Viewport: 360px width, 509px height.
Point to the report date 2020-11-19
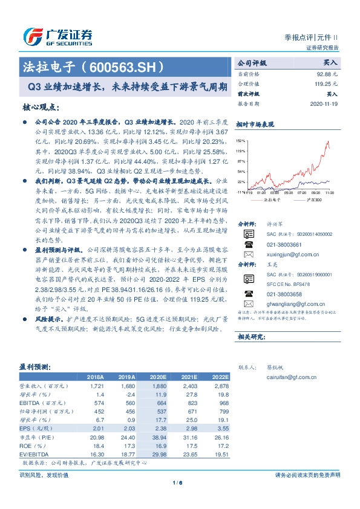(x=324, y=104)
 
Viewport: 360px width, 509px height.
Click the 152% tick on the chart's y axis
(x=241, y=140)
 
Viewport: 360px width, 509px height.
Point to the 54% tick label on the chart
(x=241, y=171)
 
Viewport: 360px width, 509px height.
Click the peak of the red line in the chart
(x=327, y=142)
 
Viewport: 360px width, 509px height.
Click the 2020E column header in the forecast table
(x=158, y=376)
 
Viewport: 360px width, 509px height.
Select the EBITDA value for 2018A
(x=97, y=403)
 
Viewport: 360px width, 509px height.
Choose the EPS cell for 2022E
(x=220, y=429)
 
